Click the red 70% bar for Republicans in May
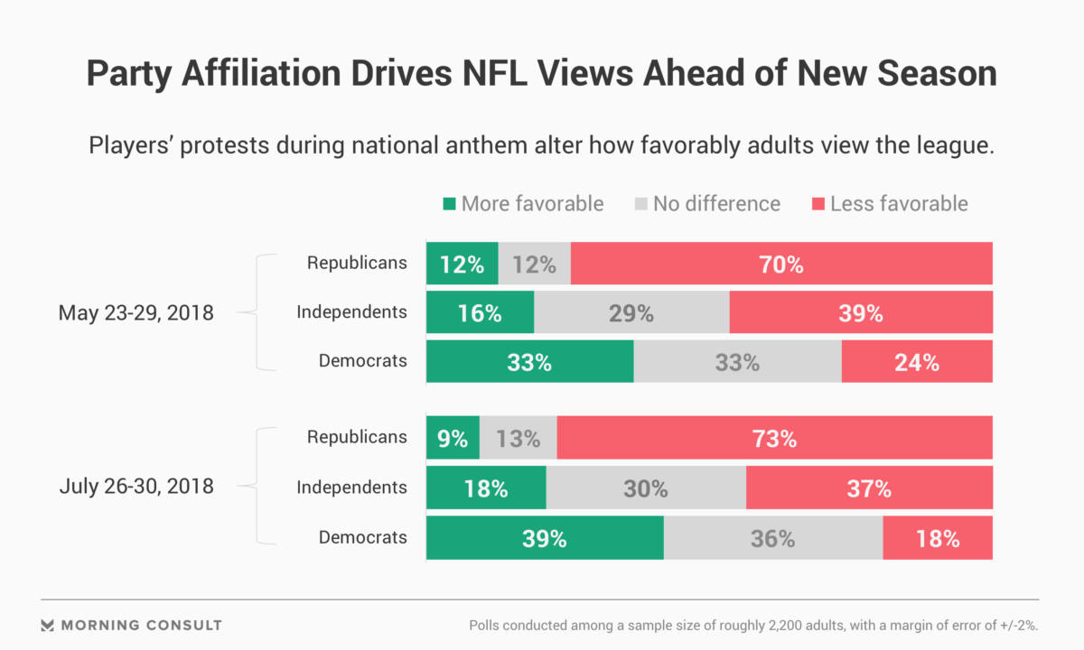(781, 265)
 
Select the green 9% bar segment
(453, 440)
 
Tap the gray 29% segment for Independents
(631, 313)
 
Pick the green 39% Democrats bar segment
(545, 539)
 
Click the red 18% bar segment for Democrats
(937, 539)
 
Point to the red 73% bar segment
(774, 440)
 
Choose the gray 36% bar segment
(772, 539)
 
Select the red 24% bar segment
(917, 363)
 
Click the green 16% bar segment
(480, 313)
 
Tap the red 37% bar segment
(869, 489)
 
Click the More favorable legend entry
(523, 204)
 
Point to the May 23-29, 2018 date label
(135, 313)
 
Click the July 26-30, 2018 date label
(136, 487)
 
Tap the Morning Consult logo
(132, 625)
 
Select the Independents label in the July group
(351, 487)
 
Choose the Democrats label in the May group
(362, 361)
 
